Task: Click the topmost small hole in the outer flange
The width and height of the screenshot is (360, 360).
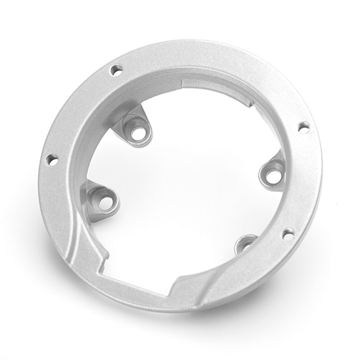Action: [x=116, y=70]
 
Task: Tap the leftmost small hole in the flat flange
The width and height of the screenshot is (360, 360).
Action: [x=52, y=159]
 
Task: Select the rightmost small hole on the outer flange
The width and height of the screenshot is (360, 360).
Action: [x=304, y=128]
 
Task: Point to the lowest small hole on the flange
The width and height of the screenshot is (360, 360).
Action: [x=288, y=234]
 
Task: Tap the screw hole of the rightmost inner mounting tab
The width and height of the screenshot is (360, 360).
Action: [x=271, y=175]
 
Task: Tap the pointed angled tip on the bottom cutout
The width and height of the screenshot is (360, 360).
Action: [x=175, y=285]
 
